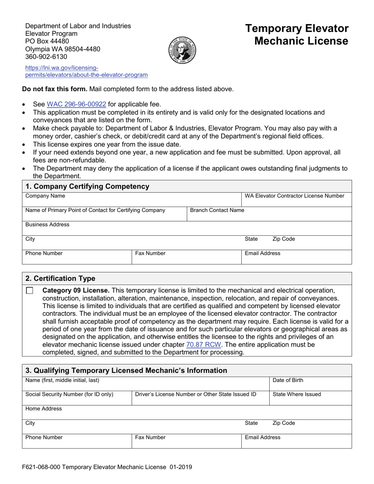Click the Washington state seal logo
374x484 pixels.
pyautogui.click(x=182, y=50)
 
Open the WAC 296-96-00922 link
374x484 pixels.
pyautogui.click(x=76, y=104)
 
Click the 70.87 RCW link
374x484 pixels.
pyautogui.click(x=204, y=345)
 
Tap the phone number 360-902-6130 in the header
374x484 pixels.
pyautogui.click(x=46, y=57)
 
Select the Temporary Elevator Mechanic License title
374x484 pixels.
pyautogui.click(x=297, y=35)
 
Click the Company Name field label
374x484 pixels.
pyautogui.click(x=45, y=196)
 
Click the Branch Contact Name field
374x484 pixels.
pyautogui.click(x=269, y=214)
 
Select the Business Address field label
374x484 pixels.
pyautogui.click(x=47, y=225)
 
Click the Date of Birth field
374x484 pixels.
pyautogui.click(x=310, y=384)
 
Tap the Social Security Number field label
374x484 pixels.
pyautogui.click(x=69, y=394)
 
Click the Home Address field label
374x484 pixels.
pyautogui.click(x=44, y=409)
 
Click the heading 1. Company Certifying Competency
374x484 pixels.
pyautogui.click(x=87, y=187)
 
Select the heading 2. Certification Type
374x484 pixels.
pyautogui.click(x=60, y=279)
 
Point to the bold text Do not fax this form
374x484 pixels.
pyautogui.click(x=55, y=89)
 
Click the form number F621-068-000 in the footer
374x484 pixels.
pyautogui.click(x=41, y=467)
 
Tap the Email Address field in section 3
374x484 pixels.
pyautogui.click(x=296, y=441)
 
